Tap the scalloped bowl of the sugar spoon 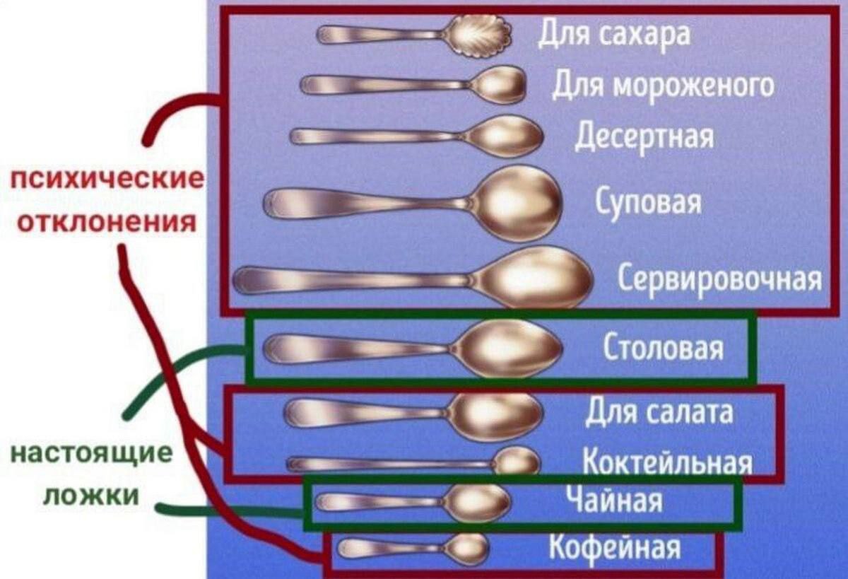coord(478,35)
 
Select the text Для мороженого coord(663,86)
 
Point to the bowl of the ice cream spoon coord(497,85)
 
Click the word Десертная coord(644,137)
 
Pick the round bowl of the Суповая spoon coord(516,204)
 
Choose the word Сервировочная coord(719,280)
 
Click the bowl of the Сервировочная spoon coord(533,278)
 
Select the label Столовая coord(664,347)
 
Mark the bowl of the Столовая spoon coord(508,349)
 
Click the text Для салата coord(659,412)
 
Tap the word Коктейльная coord(667,461)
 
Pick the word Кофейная coord(615,546)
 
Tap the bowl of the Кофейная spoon coord(466,549)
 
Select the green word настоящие coord(91,455)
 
